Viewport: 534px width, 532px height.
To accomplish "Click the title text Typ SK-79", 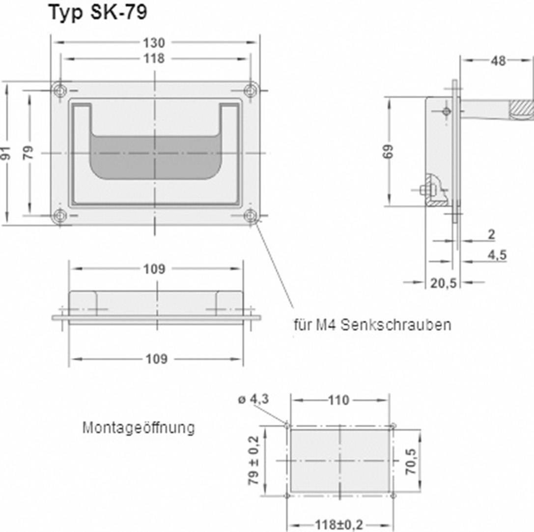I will click(97, 13).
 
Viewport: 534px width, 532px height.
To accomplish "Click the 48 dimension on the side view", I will click(498, 60).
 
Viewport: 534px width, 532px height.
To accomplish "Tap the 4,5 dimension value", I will click(497, 255).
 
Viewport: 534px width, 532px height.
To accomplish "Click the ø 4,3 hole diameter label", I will click(253, 399).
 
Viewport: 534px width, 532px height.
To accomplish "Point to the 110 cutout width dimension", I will click(338, 400).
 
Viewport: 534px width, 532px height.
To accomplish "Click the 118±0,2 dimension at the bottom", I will click(339, 525).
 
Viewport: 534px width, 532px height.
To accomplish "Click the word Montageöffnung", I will click(138, 428).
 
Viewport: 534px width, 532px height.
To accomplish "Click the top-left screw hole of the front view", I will click(60, 90).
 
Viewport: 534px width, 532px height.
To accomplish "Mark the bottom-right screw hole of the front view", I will click(251, 215).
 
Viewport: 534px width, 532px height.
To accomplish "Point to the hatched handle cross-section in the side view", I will click(521, 109).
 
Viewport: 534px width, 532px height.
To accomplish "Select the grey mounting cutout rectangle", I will click(340, 461).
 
